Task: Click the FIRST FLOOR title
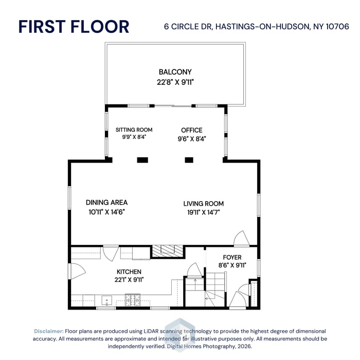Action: [74, 27]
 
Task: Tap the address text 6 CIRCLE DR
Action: [188, 27]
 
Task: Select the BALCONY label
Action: [175, 72]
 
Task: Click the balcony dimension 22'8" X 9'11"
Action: [175, 82]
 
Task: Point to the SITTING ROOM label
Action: [134, 130]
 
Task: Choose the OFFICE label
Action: [192, 131]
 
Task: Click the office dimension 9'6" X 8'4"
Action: [192, 139]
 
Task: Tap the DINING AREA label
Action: [107, 203]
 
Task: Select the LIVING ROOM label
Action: [204, 204]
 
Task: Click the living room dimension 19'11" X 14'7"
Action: [204, 212]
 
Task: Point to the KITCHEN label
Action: [129, 272]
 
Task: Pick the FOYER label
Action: [232, 257]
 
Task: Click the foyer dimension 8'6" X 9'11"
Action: [232, 265]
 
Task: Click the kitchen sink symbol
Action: [107, 301]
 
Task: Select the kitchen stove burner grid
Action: [133, 300]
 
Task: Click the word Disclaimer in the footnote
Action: [49, 331]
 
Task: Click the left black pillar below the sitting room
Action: [142, 160]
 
